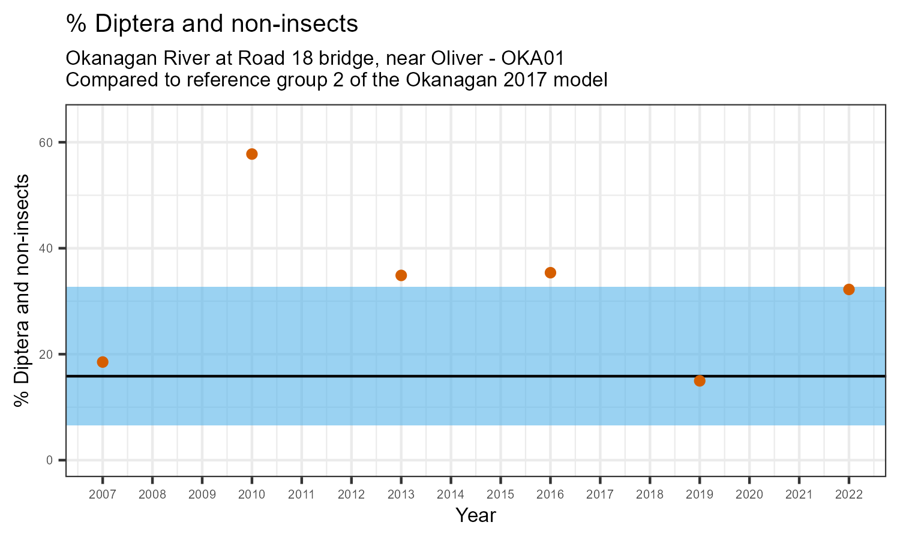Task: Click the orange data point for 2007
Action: (103, 362)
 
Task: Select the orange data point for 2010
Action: (252, 154)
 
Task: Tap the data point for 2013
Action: (401, 275)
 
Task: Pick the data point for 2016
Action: (550, 272)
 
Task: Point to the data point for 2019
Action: (700, 381)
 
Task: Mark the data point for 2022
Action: (849, 289)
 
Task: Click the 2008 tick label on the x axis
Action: (152, 495)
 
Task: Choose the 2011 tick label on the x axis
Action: (302, 495)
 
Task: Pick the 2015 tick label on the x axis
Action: (500, 495)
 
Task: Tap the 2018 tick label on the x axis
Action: (650, 495)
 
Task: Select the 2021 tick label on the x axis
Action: (799, 495)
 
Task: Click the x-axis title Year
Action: (476, 515)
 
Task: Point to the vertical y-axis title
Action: (22, 291)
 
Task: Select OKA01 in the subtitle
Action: (533, 59)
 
